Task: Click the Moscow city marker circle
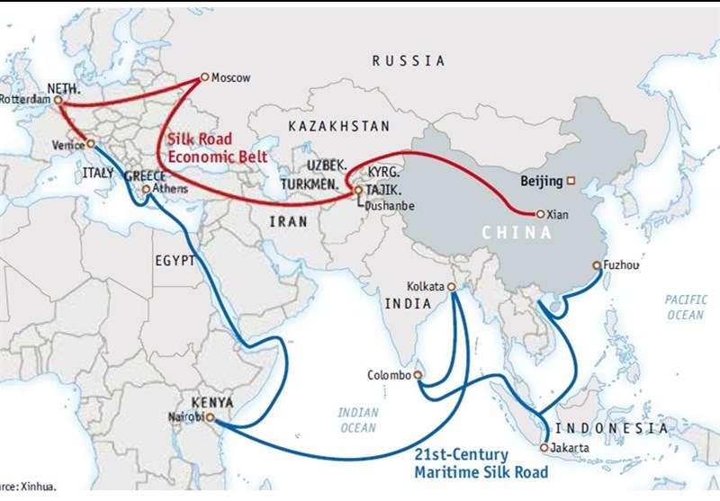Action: coord(205,76)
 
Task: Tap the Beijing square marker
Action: coord(570,181)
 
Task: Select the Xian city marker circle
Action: coord(539,214)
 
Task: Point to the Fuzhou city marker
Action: coord(596,265)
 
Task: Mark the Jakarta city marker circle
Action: coord(544,447)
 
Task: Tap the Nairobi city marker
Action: coord(210,417)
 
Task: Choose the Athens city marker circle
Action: coord(147,190)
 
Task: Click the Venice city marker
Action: coord(90,144)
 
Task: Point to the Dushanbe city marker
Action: coord(358,191)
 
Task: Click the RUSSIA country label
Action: coord(409,61)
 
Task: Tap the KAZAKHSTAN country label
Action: coord(339,127)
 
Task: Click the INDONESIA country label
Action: coord(611,428)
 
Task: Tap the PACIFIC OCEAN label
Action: coord(686,306)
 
